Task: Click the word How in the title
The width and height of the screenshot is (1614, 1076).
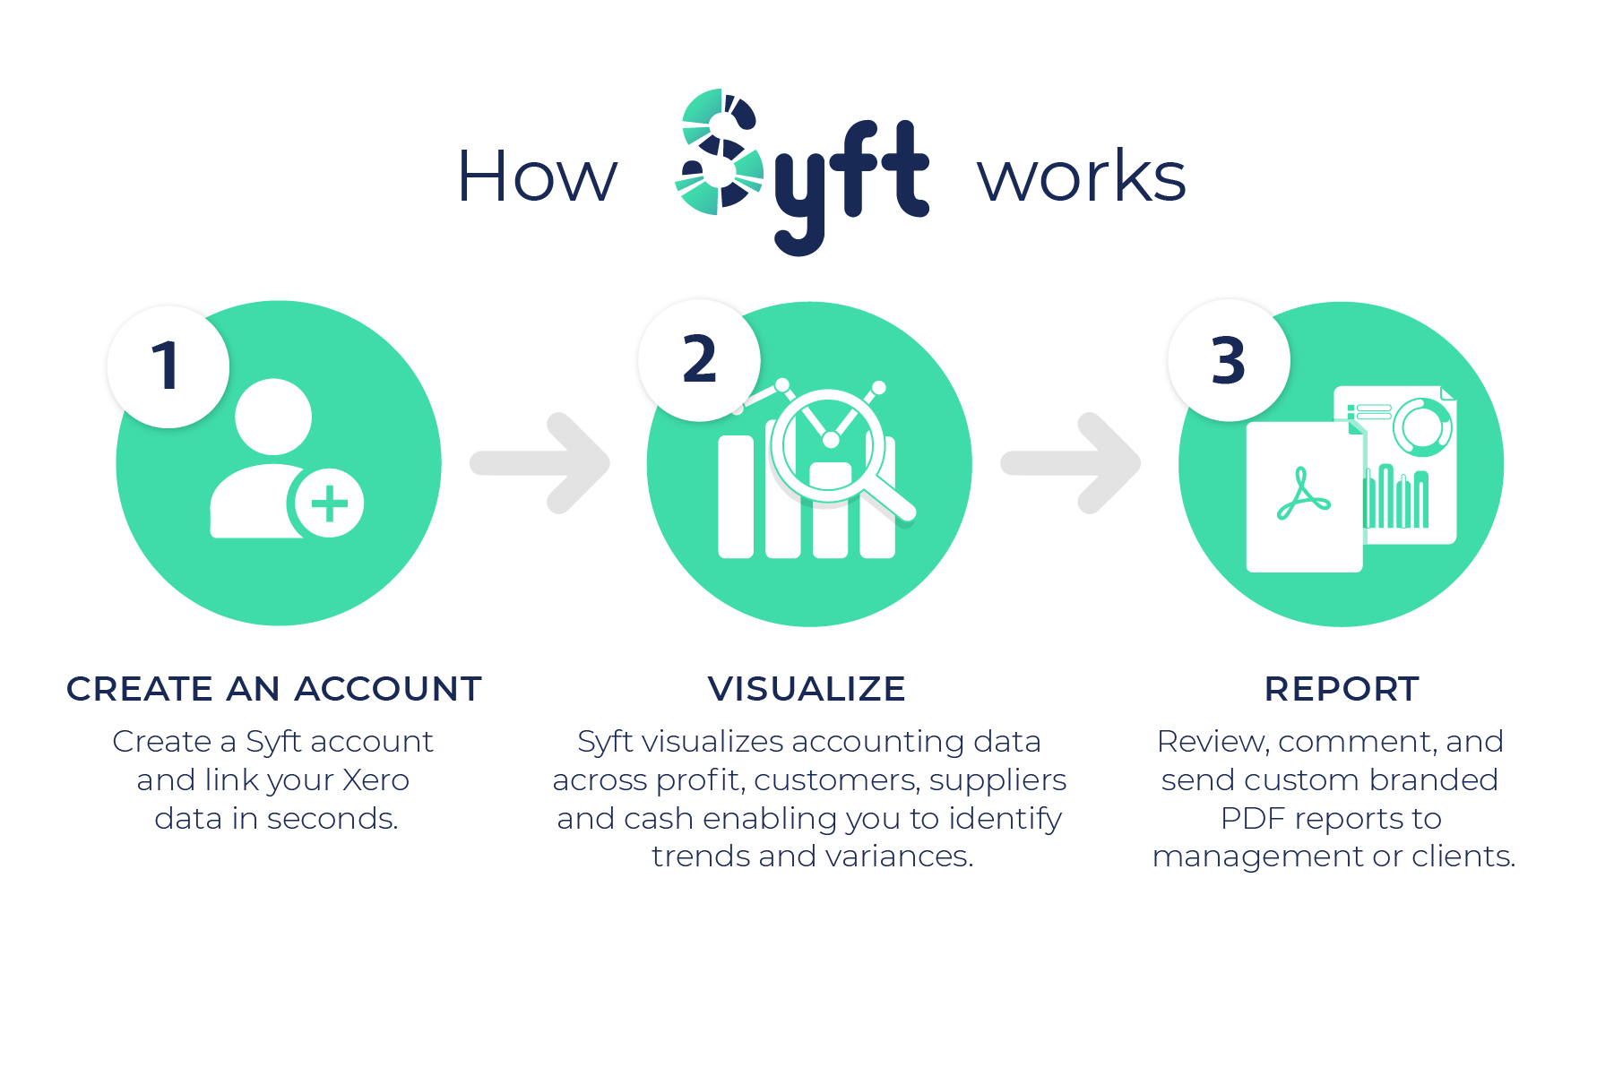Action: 537,176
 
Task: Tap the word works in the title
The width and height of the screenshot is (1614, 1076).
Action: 1082,176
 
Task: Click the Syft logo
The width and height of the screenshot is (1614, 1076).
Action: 801,171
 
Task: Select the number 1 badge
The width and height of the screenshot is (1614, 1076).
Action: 168,366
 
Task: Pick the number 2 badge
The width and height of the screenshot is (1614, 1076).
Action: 699,360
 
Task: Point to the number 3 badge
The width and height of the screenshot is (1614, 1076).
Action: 1229,361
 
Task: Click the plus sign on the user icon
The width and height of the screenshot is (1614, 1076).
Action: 329,504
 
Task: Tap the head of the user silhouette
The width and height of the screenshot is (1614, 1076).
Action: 273,417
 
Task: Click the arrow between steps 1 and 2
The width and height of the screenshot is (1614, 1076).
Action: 543,463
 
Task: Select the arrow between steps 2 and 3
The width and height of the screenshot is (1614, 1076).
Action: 1074,463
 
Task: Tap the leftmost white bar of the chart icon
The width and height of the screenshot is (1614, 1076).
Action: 736,497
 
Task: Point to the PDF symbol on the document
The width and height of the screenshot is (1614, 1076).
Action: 1302,495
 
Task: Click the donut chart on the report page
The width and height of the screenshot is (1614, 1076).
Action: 1421,426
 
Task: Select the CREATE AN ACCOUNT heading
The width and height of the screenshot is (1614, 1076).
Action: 274,689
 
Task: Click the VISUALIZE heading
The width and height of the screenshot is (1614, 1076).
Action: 807,689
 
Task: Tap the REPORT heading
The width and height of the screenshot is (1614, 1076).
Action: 1342,689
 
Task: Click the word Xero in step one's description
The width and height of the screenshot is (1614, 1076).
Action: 375,780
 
